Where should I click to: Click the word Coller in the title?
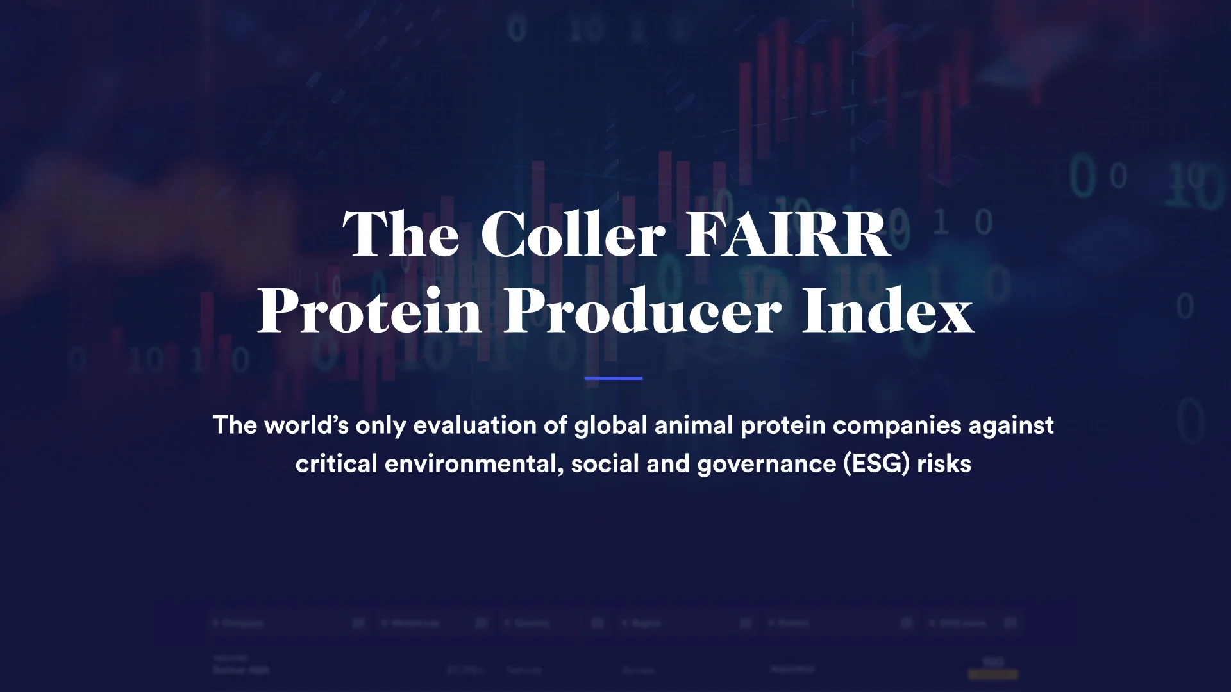point(573,235)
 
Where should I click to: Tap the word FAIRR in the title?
point(788,235)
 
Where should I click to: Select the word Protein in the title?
point(370,311)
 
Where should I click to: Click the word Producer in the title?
point(642,311)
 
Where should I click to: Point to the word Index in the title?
point(888,311)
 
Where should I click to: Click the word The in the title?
point(401,235)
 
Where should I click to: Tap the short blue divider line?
point(614,379)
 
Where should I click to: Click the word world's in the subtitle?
point(306,425)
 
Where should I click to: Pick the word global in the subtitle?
point(610,425)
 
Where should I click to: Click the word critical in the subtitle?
point(336,464)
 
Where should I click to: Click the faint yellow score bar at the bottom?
point(993,674)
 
